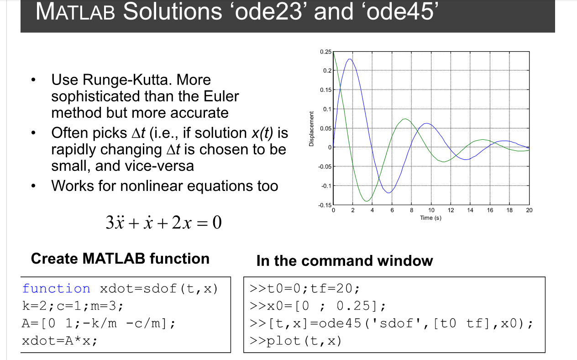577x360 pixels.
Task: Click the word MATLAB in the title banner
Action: coord(75,11)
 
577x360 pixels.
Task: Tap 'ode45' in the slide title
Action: coord(400,11)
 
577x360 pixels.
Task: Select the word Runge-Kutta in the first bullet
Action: coord(125,79)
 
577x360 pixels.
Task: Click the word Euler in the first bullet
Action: coord(221,96)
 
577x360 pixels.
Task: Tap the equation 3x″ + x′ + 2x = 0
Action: coord(163,222)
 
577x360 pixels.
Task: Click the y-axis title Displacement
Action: coord(311,129)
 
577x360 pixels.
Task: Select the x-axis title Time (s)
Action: coord(430,217)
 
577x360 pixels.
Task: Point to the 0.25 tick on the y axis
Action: coord(325,52)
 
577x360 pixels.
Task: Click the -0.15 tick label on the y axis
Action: coord(325,205)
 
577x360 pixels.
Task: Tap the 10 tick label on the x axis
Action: coord(431,210)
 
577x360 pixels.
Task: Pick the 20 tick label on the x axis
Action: coord(529,210)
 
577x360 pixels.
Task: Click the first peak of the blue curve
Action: coord(350,59)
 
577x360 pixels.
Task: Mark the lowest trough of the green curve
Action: coord(366,201)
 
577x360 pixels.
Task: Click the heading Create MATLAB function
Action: coord(120,259)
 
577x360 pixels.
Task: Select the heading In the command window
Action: coord(345,261)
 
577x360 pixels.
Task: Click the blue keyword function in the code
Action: coord(56,288)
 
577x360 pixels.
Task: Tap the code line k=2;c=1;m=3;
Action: coord(73,306)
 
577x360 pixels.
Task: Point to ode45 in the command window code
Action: coord(340,323)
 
